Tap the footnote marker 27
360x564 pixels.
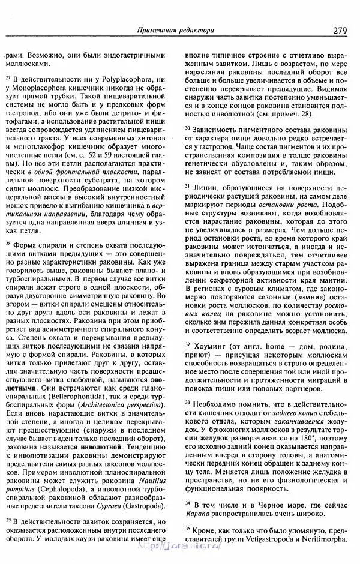point(8,77)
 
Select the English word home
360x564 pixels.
point(271,346)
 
